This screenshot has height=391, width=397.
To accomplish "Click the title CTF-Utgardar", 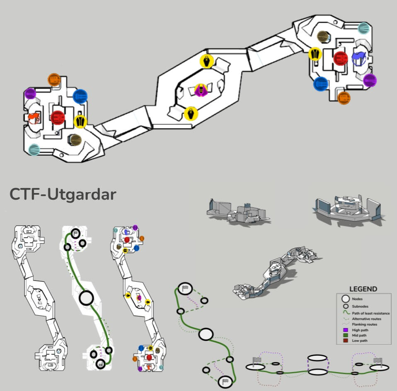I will pyautogui.click(x=63, y=194).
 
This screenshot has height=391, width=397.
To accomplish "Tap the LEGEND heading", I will pyautogui.click(x=363, y=289).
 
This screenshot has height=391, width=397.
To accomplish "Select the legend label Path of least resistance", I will pyautogui.click(x=370, y=313).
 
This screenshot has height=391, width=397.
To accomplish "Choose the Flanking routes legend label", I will pyautogui.click(x=364, y=324).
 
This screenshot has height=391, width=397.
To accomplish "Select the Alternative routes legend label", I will pyautogui.click(x=367, y=319).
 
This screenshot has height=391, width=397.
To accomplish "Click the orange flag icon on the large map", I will pyautogui.click(x=35, y=118).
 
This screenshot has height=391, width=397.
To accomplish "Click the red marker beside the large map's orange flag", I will pyautogui.click(x=58, y=118).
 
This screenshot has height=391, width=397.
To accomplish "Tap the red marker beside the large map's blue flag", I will pyautogui.click(x=340, y=58).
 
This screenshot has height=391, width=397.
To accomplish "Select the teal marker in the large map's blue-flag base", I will pyautogui.click(x=364, y=28).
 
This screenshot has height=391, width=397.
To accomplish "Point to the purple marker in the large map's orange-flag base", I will pyautogui.click(x=30, y=94).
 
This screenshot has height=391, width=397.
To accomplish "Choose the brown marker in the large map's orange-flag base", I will pyautogui.click(x=75, y=140).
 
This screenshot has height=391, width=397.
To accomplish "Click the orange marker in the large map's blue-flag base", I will pyautogui.click(x=344, y=98).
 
